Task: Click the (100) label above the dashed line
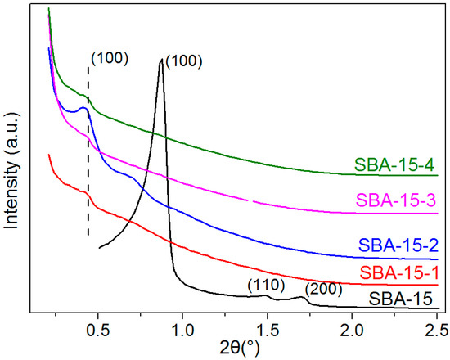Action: click(107, 59)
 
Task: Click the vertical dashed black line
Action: click(88, 164)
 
